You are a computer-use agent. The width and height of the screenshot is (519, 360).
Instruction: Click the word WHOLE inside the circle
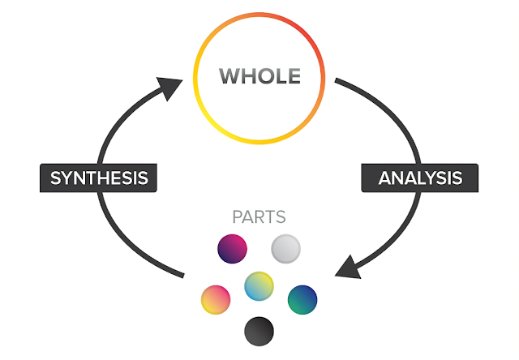point(259,77)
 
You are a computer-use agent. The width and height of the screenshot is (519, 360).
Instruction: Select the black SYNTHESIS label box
point(97,178)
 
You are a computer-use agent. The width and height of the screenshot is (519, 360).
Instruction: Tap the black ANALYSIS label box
point(420,178)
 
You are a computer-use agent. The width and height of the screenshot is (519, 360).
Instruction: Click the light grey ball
point(285,247)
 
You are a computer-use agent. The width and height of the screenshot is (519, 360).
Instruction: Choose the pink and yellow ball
point(216,298)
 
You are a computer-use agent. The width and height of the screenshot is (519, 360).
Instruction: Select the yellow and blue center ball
point(259,285)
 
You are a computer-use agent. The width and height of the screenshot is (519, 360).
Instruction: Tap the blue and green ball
point(302,298)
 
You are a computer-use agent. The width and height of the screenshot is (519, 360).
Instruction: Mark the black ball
point(259,330)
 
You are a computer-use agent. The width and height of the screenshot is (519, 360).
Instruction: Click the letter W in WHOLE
point(229,77)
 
